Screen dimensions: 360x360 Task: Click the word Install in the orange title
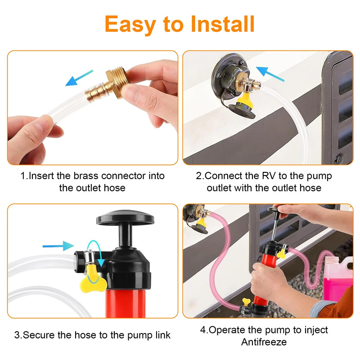[223, 24]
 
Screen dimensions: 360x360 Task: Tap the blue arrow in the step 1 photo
[79, 78]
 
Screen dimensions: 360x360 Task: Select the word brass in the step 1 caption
[86, 176]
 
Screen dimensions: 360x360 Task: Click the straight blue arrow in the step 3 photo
[58, 246]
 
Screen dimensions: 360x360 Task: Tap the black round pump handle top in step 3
[125, 217]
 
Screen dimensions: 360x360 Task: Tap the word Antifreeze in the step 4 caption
[264, 342]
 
